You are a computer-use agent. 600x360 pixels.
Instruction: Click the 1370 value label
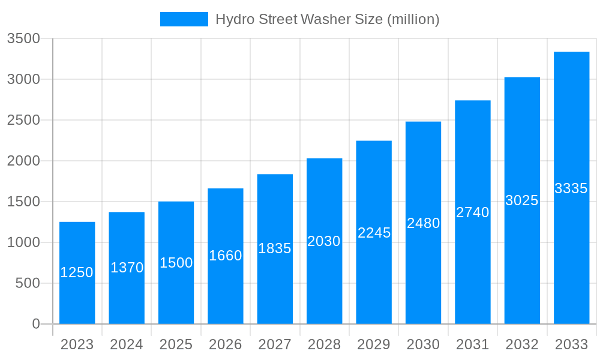(127, 268)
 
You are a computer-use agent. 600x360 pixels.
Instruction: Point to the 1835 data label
(275, 248)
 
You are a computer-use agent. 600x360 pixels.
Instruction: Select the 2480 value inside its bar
(423, 223)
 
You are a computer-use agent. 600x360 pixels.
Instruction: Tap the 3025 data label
(522, 200)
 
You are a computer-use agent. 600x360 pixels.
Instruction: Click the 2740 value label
(473, 212)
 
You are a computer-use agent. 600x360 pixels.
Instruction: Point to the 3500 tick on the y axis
(23, 39)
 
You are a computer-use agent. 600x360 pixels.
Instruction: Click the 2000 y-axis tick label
(23, 161)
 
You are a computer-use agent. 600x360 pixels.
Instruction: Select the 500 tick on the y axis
(28, 283)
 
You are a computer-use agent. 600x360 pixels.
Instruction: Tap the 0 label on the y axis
(36, 324)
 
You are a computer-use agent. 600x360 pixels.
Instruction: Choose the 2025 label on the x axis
(176, 344)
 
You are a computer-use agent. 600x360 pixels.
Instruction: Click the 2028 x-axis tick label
(324, 344)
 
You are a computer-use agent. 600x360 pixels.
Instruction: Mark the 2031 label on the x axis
(473, 344)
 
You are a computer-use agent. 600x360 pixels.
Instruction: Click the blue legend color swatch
(184, 19)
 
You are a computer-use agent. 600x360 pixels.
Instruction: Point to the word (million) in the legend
(413, 19)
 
